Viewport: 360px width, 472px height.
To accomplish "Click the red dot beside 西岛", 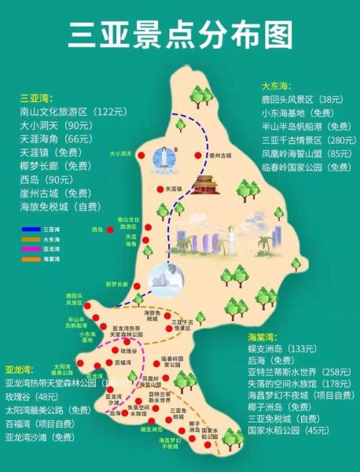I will point(111,230).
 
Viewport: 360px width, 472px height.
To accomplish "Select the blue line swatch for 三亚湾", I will point(31,229).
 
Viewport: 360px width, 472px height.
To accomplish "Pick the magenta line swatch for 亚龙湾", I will point(31,248).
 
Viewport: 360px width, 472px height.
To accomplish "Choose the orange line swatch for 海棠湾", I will point(31,257).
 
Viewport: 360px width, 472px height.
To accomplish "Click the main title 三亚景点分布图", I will point(180,34).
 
